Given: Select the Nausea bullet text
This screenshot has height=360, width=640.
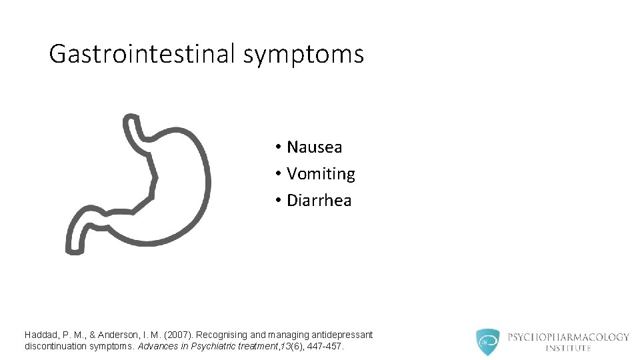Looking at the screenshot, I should (x=314, y=147).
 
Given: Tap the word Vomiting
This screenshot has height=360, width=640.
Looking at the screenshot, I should (x=321, y=174).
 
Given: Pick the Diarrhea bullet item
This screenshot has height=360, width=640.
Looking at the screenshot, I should (x=319, y=201).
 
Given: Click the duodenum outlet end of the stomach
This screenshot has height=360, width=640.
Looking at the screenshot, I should (x=75, y=240).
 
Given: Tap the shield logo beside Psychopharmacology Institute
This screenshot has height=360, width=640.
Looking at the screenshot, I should (x=488, y=342).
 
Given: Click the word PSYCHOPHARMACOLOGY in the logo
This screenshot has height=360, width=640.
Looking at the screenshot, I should (x=568, y=337).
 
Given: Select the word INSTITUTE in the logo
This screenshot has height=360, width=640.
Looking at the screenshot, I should (x=568, y=348).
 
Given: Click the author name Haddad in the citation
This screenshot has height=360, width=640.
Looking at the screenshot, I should (x=41, y=335).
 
